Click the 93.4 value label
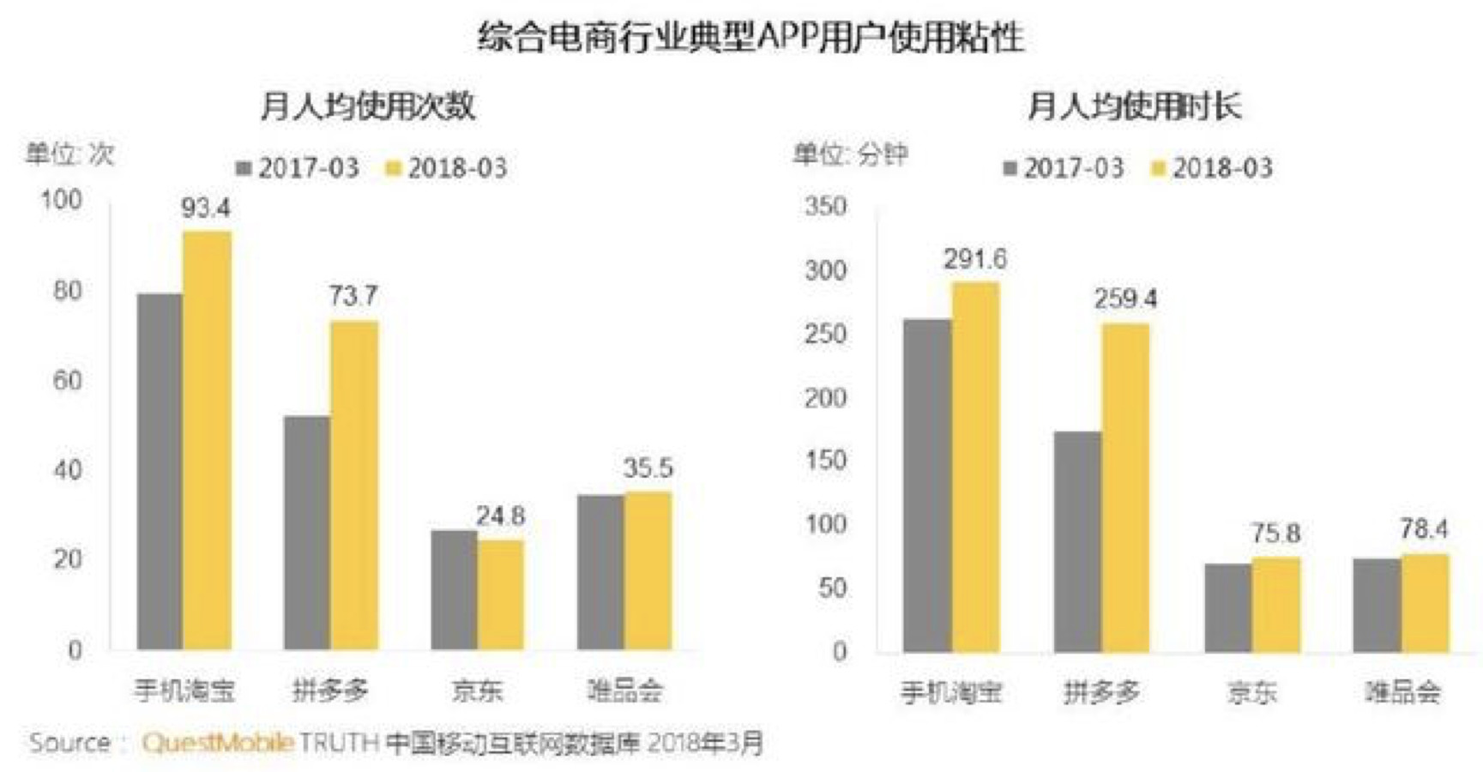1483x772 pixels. (206, 208)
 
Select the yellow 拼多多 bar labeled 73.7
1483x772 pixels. (354, 485)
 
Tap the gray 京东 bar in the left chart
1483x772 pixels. (454, 589)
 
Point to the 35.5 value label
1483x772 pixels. (648, 467)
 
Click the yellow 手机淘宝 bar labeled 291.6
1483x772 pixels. (975, 467)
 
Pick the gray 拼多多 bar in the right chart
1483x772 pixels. (1077, 541)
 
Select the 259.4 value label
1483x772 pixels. (1124, 299)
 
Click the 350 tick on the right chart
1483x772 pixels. (825, 207)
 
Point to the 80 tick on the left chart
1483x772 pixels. (67, 291)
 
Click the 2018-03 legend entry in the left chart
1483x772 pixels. (448, 167)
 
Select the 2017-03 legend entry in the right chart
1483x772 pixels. (1064, 167)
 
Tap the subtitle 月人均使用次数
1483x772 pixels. (367, 106)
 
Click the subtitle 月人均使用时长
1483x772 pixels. (1134, 106)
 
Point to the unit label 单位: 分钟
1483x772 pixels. (849, 154)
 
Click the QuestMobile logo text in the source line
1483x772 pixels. (218, 742)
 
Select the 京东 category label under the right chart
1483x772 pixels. (1251, 691)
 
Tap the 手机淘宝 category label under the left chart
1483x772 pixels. (184, 690)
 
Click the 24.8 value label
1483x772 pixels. (500, 516)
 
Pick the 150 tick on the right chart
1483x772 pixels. (825, 461)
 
